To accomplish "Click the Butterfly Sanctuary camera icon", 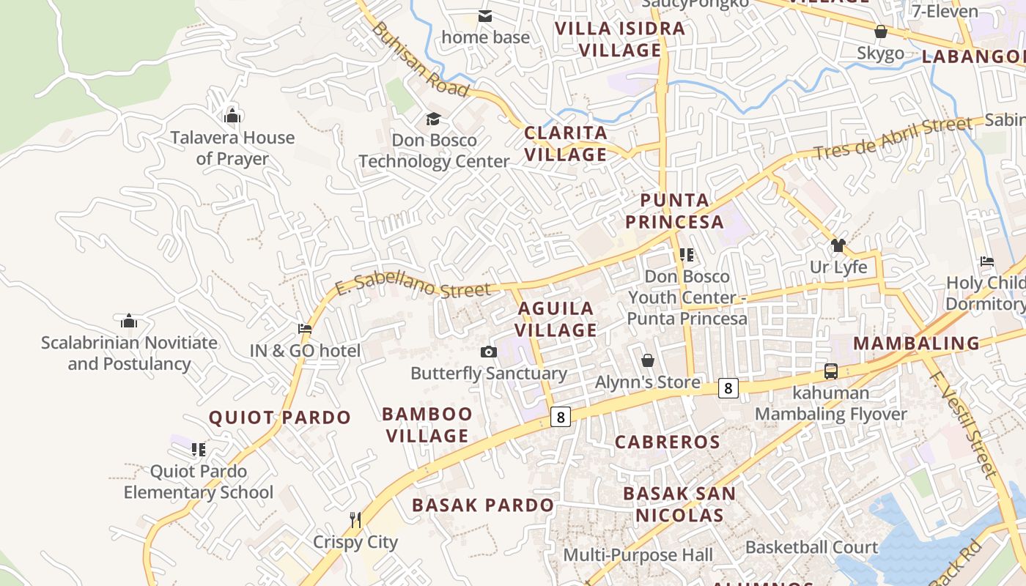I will pyautogui.click(x=489, y=352).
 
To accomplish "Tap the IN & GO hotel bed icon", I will pyautogui.click(x=305, y=329).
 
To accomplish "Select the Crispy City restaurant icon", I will pyautogui.click(x=355, y=520).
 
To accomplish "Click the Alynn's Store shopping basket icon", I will pyautogui.click(x=648, y=360).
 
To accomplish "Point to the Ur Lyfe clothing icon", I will pyautogui.click(x=838, y=245).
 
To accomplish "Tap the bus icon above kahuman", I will pyautogui.click(x=830, y=371).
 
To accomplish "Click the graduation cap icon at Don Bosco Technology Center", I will pyautogui.click(x=434, y=119).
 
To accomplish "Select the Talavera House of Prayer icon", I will pyautogui.click(x=232, y=116).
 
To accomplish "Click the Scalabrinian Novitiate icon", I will pyautogui.click(x=129, y=321).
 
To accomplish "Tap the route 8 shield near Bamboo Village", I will pyautogui.click(x=560, y=417).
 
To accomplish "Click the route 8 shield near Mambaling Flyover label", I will pyautogui.click(x=727, y=387).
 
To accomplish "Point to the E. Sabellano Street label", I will pyautogui.click(x=413, y=283).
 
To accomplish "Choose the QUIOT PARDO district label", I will pyautogui.click(x=280, y=418).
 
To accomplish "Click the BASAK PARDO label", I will pyautogui.click(x=482, y=505).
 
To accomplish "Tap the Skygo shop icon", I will pyautogui.click(x=881, y=32).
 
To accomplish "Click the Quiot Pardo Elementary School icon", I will pyautogui.click(x=198, y=449).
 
